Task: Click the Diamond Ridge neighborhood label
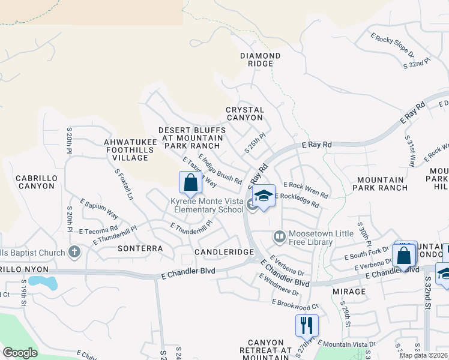coord(261,60)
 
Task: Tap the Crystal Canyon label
coord(245,114)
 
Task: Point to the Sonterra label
coord(140,248)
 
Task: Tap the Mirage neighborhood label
coord(348,292)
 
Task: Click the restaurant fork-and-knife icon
coord(307,325)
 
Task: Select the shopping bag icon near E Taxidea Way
coord(190,182)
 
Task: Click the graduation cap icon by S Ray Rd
coord(264,196)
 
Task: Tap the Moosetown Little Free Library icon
coord(279,235)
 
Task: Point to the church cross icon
coord(74,251)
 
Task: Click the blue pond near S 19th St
coord(42,281)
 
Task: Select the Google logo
coord(20,353)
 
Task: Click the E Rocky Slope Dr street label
coord(392,46)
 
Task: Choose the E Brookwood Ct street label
coord(294,304)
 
